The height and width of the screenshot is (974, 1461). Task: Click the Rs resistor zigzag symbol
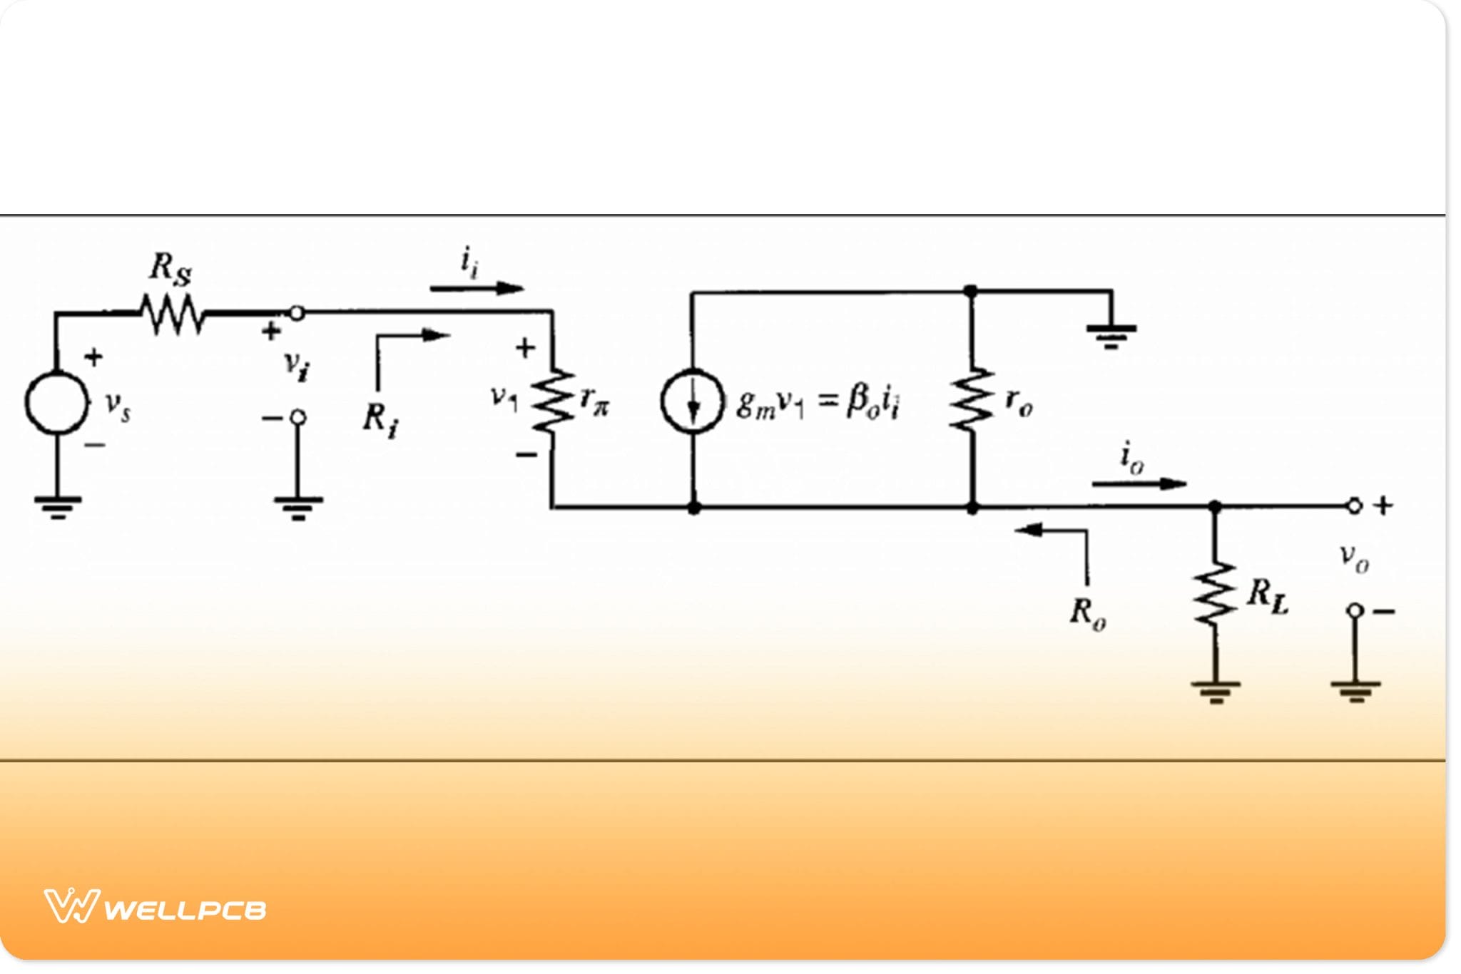[172, 314]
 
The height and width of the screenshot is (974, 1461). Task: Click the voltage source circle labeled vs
[56, 402]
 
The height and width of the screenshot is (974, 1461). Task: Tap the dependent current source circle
[692, 401]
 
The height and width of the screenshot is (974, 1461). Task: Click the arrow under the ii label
[477, 288]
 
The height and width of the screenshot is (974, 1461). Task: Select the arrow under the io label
[1139, 483]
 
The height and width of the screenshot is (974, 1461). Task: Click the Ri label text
[380, 419]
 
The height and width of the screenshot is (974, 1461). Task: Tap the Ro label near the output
[1087, 613]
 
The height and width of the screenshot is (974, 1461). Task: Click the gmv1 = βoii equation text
[818, 404]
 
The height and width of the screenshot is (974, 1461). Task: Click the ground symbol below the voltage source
[57, 506]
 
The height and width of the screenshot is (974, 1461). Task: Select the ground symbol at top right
[1111, 334]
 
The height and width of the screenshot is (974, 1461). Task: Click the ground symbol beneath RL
[1215, 690]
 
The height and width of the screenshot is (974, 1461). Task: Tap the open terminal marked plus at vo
[1354, 506]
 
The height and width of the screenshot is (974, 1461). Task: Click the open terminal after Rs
[297, 312]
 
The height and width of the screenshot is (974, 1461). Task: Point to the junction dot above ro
[970, 291]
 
